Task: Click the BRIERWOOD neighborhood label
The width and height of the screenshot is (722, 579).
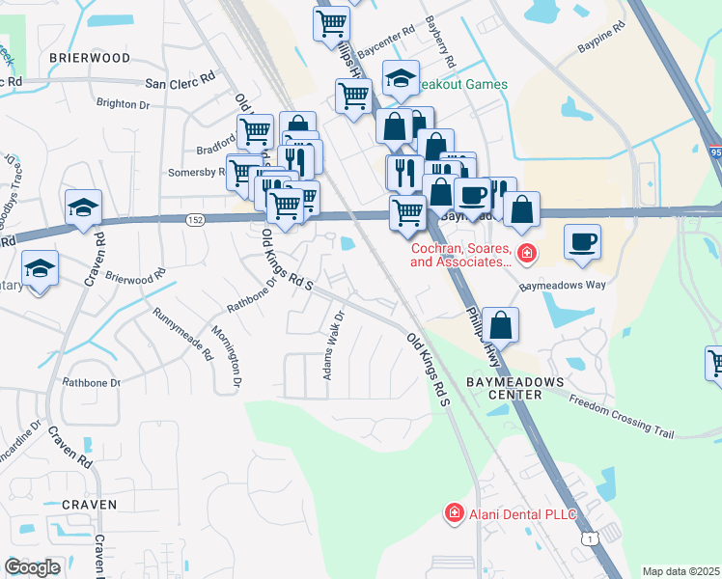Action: pyautogui.click(x=89, y=58)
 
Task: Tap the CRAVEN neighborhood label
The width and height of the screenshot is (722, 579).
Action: pyautogui.click(x=89, y=505)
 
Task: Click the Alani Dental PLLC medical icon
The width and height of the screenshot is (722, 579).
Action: pyautogui.click(x=454, y=513)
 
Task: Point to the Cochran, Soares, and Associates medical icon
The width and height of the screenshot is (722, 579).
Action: pyautogui.click(x=527, y=255)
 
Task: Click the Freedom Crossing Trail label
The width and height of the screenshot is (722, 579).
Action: pyautogui.click(x=621, y=417)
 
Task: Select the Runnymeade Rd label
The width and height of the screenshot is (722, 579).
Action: pyautogui.click(x=182, y=334)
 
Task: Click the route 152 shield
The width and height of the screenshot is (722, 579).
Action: pyautogui.click(x=194, y=220)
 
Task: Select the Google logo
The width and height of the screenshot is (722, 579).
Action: pyautogui.click(x=33, y=567)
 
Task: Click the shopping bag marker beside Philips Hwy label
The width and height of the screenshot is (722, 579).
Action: pyautogui.click(x=501, y=324)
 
